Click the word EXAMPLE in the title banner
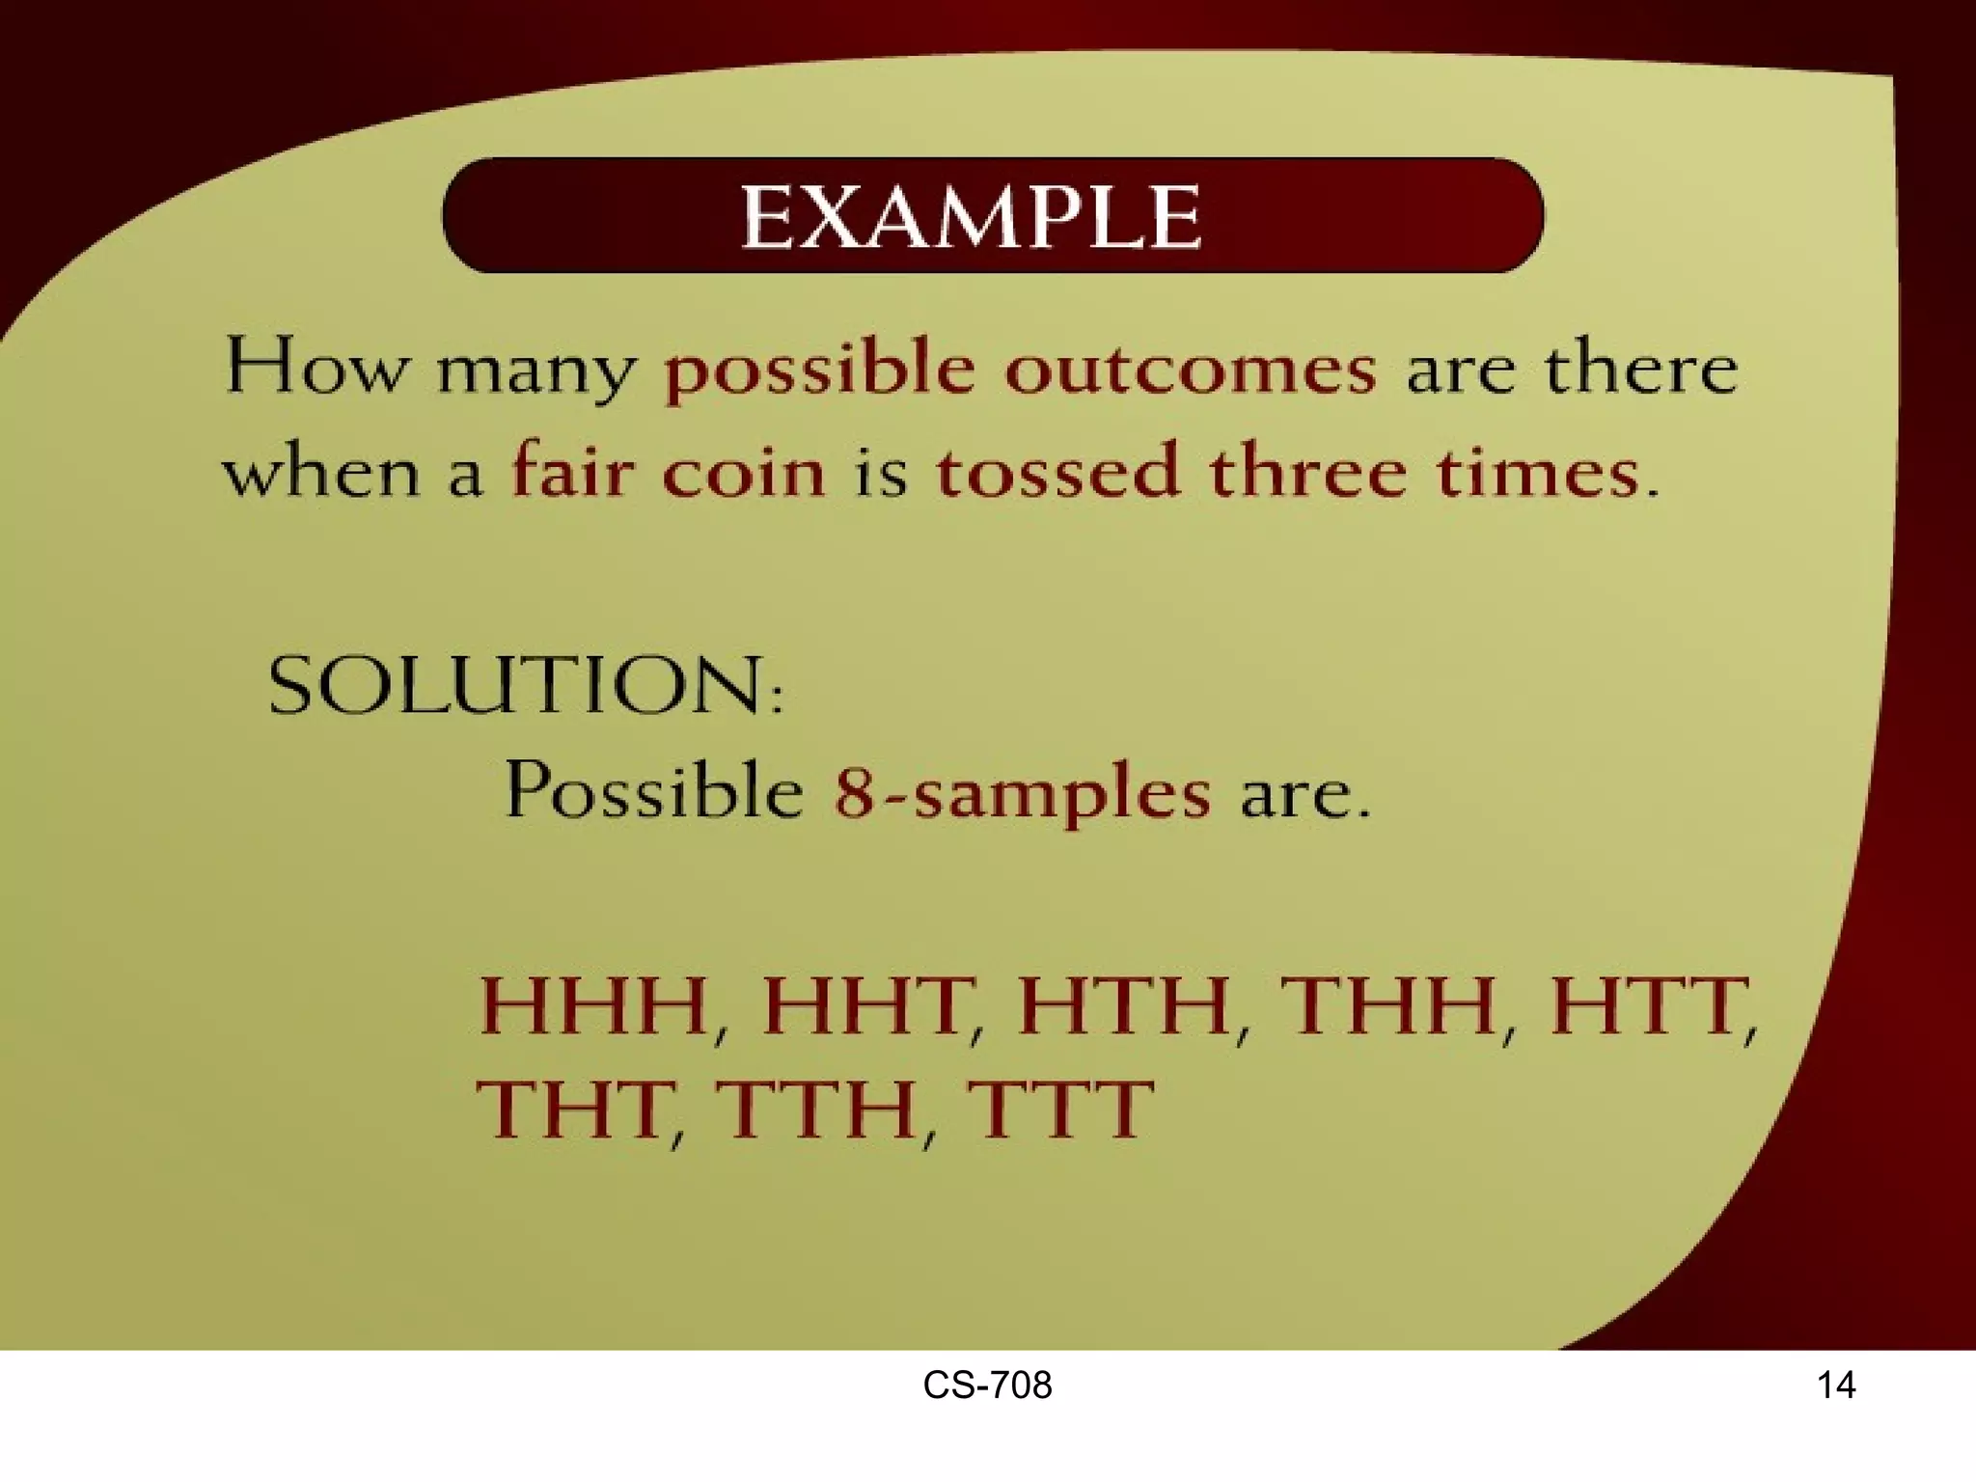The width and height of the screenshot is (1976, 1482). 971,217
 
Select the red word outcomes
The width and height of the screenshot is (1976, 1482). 1191,369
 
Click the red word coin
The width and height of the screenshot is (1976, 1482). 744,472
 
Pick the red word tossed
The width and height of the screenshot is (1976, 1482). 1058,472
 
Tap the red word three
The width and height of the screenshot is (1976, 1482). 1308,472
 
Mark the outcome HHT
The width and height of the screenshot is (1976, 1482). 864,1006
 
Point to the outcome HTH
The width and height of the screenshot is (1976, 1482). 1123,1006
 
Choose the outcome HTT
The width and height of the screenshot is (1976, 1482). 1648,1006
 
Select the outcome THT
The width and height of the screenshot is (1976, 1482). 575,1109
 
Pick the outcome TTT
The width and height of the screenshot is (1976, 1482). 1059,1109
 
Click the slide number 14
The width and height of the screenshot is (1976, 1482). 1835,1386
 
